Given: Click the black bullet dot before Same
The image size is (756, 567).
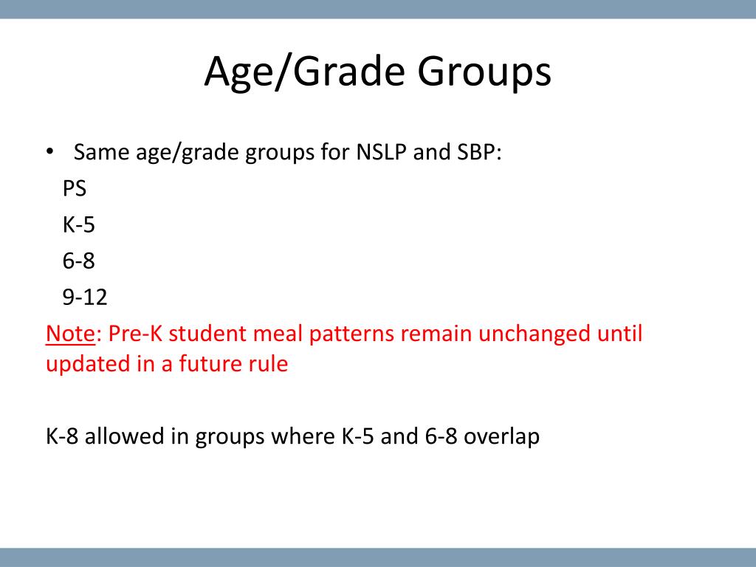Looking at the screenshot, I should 49,151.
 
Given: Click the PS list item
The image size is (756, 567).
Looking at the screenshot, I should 75,188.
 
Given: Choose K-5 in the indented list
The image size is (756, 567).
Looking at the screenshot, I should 78,224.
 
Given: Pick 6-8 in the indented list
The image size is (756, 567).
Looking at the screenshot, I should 78,261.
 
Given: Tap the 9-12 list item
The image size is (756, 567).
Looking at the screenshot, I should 85,297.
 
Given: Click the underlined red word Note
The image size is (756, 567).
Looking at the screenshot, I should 70,334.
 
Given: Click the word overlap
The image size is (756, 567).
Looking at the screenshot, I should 501,436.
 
